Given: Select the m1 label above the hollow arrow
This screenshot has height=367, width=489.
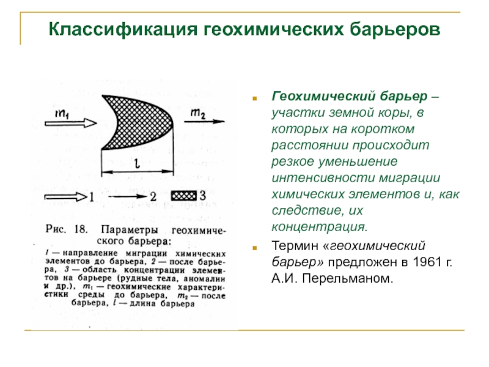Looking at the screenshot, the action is coord(61,114).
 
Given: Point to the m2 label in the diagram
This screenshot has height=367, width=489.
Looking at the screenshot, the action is coord(198,112).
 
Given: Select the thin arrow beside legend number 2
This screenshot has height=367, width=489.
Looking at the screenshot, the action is coord(125,197).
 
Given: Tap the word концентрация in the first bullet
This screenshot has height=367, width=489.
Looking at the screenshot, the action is coord(320,228).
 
